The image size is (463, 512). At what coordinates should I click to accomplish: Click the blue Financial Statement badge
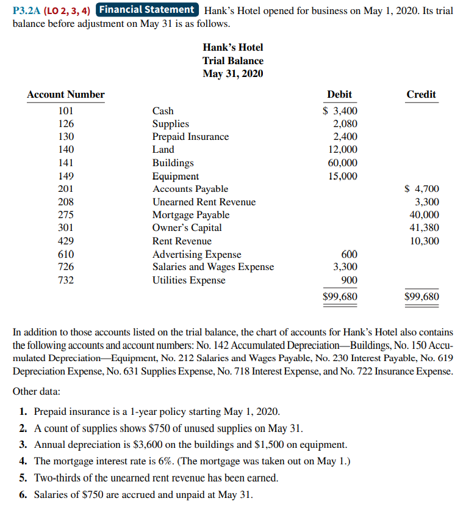[x=147, y=10]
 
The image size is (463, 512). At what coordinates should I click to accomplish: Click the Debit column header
[x=339, y=94]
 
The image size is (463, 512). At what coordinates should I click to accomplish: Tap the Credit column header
[x=421, y=94]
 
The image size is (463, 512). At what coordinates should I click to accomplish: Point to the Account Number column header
[x=66, y=94]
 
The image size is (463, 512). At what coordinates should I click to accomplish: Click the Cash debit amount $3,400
[x=340, y=111]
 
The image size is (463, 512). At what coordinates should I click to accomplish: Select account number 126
[x=66, y=124]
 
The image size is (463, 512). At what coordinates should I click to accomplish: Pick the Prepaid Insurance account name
[x=190, y=137]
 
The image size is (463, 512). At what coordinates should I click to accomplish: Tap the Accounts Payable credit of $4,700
[x=422, y=189]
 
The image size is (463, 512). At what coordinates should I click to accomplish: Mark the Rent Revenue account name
[x=182, y=241]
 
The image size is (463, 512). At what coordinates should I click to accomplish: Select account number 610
[x=66, y=254]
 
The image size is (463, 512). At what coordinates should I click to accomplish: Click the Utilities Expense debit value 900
[x=350, y=280]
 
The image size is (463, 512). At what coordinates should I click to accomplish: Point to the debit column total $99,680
[x=340, y=297]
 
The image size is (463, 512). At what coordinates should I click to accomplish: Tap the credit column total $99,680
[x=422, y=297]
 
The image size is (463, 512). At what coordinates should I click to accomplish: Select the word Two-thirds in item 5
[x=56, y=478]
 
